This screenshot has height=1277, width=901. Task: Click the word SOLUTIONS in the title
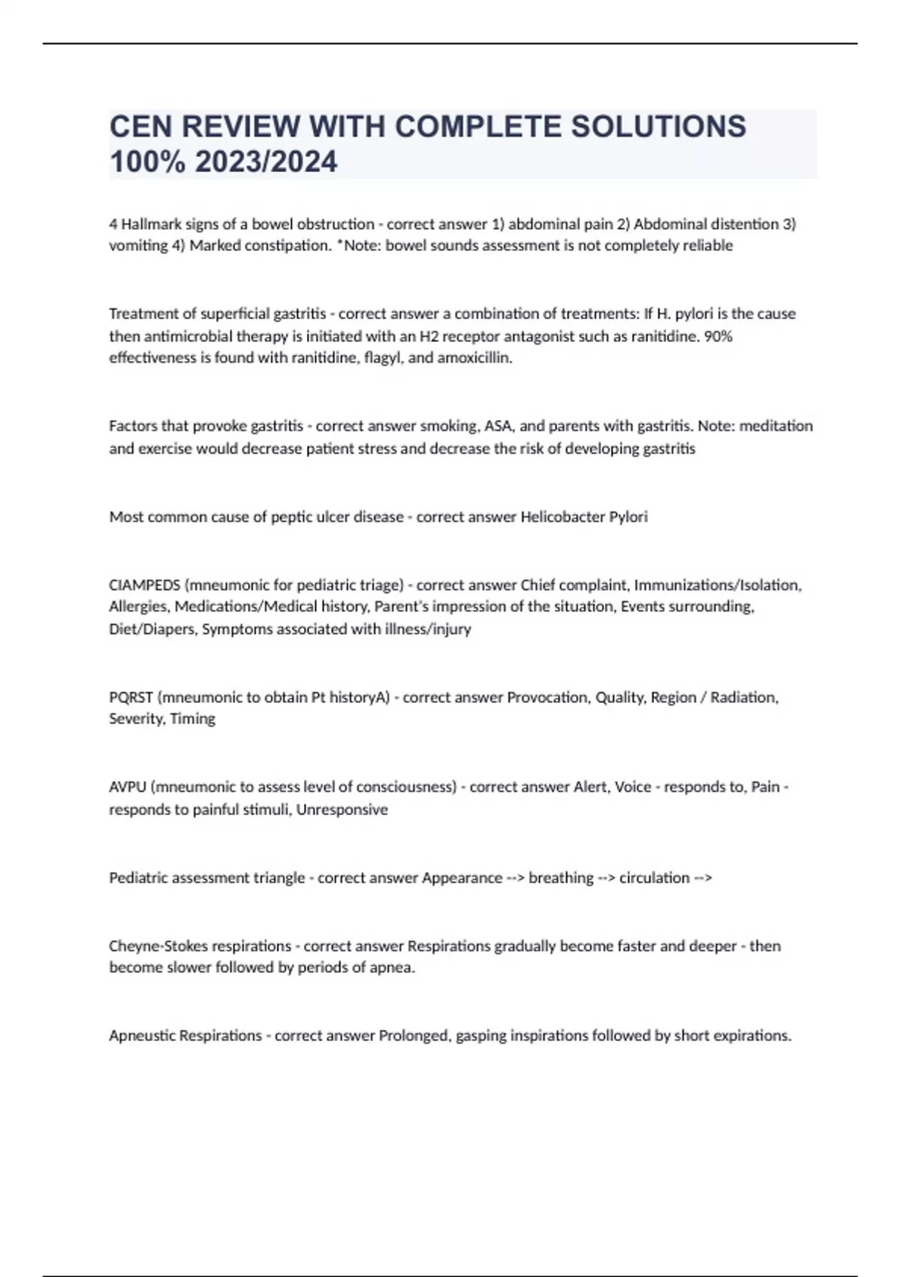pyautogui.click(x=658, y=126)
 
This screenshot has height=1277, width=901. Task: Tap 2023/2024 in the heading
pyautogui.click(x=266, y=162)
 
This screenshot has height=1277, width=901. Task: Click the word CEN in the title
pyautogui.click(x=140, y=126)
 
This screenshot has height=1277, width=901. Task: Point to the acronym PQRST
pyautogui.click(x=131, y=697)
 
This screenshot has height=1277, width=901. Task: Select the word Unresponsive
pyautogui.click(x=342, y=810)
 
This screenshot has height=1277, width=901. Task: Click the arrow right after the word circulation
pyautogui.click(x=703, y=877)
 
